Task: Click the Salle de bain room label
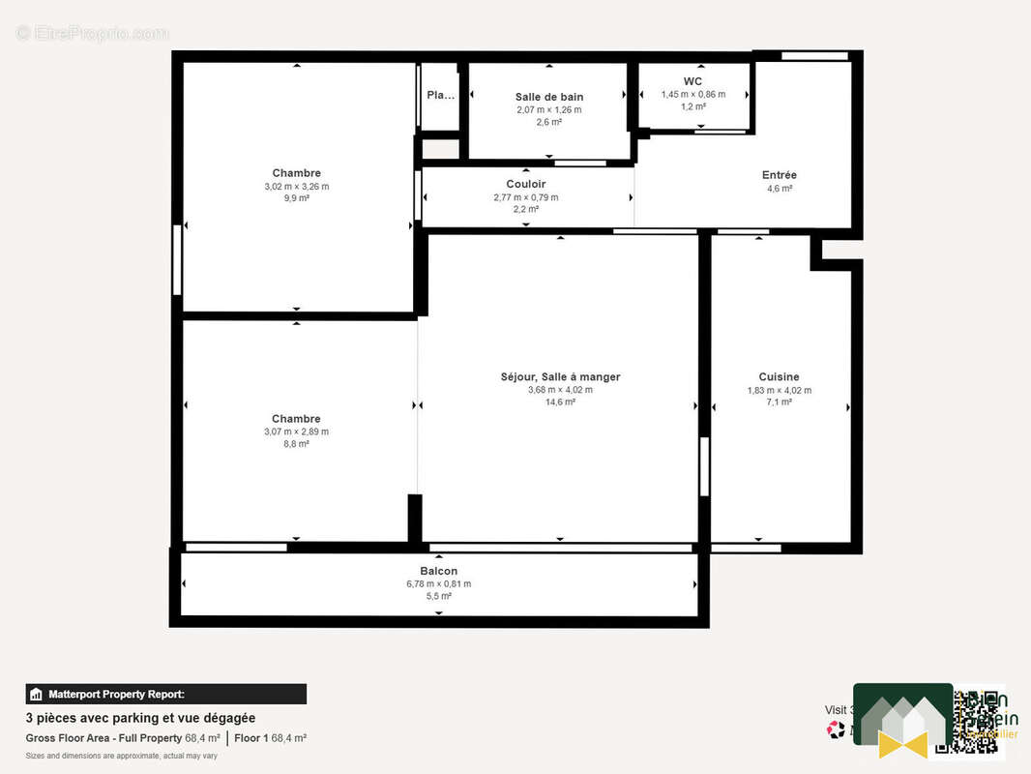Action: pos(548,97)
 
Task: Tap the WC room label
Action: pos(692,81)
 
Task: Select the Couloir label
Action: pos(525,184)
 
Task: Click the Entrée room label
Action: pos(779,175)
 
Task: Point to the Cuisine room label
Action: pos(779,377)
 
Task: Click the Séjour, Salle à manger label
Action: pos(560,377)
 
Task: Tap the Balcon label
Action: pos(438,571)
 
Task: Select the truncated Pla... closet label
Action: pos(440,95)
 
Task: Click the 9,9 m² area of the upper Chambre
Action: pos(296,198)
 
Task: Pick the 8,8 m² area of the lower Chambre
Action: pos(296,444)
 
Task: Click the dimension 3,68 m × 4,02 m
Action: pos(560,390)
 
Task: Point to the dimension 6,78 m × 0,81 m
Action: pos(438,583)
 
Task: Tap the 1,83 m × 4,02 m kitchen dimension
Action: pos(779,391)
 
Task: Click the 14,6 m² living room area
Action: pos(560,402)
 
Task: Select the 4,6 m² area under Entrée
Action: pos(779,189)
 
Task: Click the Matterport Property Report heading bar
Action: pos(165,694)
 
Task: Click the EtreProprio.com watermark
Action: pos(92,33)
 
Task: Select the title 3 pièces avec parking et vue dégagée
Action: pos(140,718)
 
